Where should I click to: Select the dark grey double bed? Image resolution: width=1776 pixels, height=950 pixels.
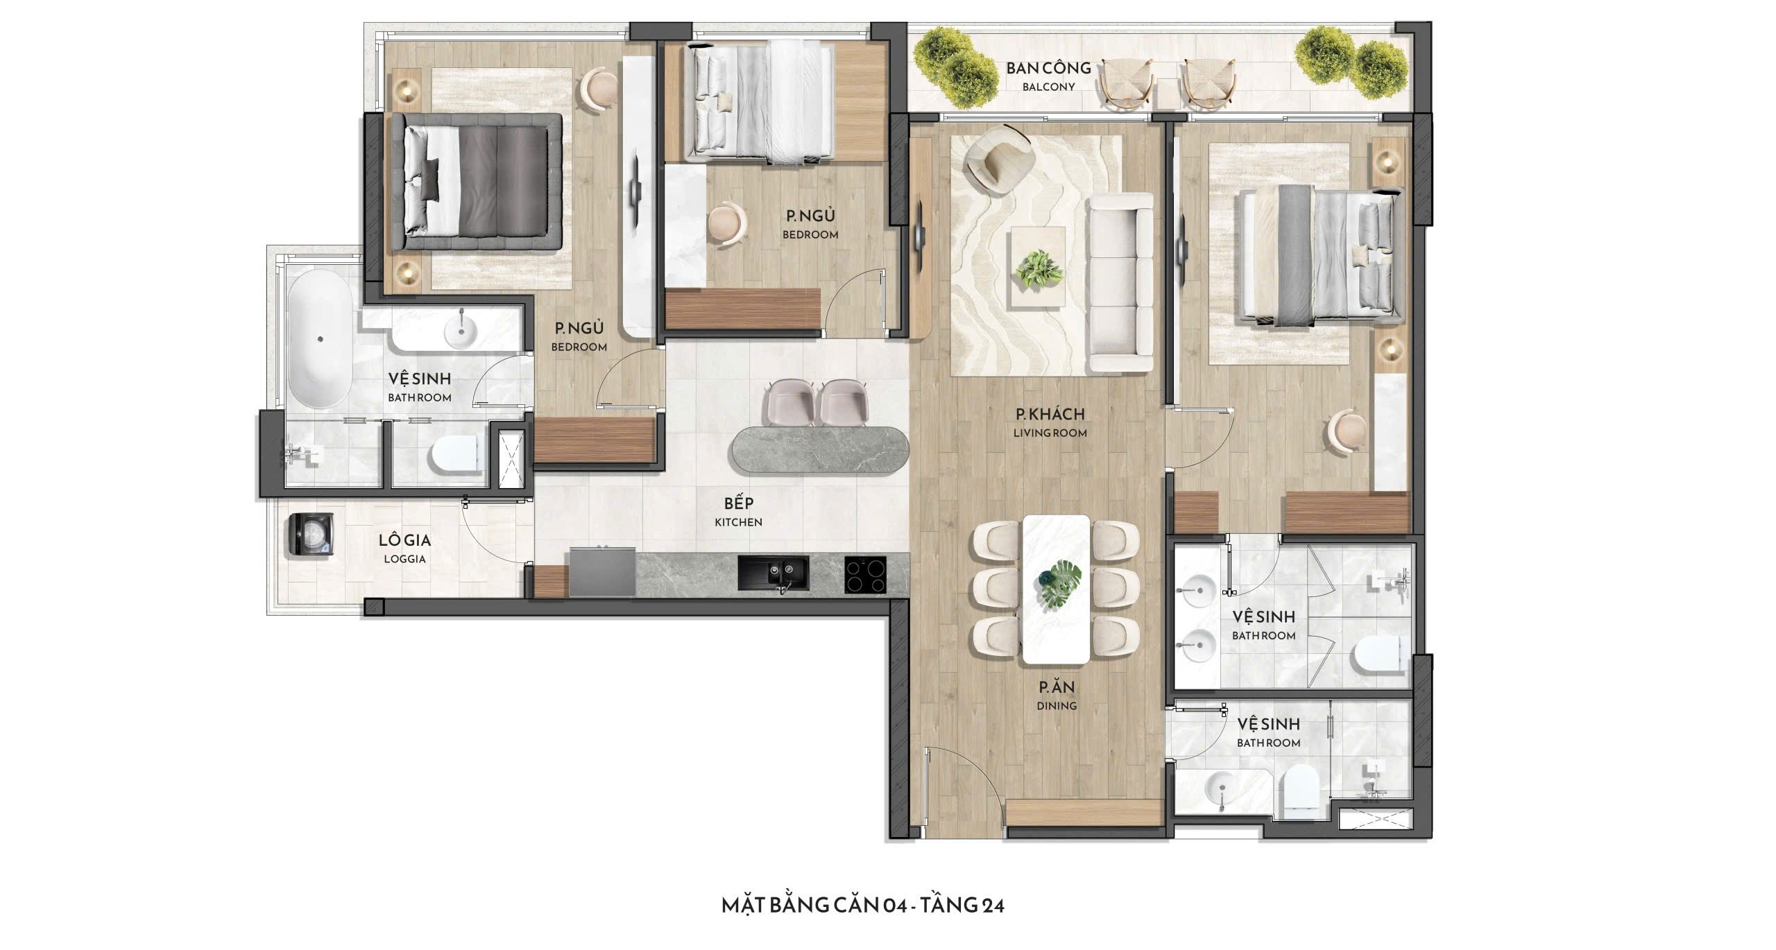pos(477,182)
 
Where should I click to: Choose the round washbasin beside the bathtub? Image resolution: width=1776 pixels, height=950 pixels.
pos(460,331)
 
